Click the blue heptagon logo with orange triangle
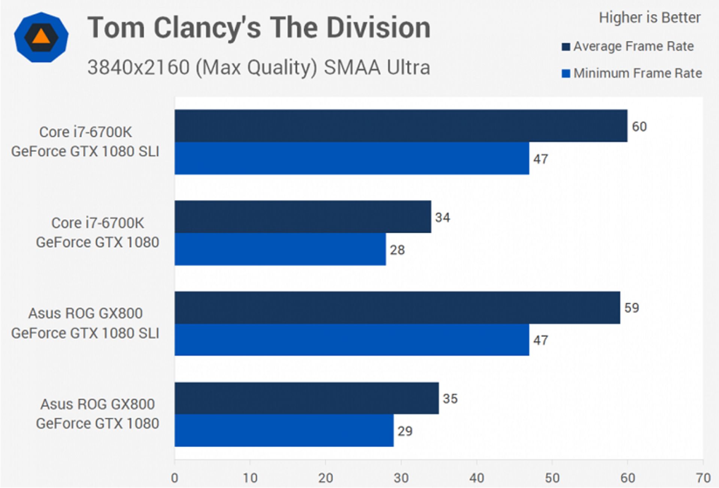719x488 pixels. [x=41, y=37]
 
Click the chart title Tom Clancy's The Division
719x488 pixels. [x=259, y=28]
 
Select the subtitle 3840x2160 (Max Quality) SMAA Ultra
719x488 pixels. [x=259, y=67]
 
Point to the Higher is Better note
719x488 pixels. [x=649, y=18]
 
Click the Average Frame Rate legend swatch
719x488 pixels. [x=566, y=46]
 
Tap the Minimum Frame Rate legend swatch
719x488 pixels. [x=566, y=73]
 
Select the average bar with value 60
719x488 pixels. [x=401, y=126]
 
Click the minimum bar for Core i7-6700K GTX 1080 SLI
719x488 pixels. [x=352, y=158]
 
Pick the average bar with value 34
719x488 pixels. [x=303, y=217]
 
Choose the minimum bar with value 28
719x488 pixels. [x=280, y=249]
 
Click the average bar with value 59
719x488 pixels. [x=397, y=307]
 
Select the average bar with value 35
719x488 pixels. [x=306, y=398]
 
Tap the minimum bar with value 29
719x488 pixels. [x=284, y=430]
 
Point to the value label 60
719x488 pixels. [x=639, y=127]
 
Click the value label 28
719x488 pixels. [x=397, y=250]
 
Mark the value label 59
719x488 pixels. [x=632, y=308]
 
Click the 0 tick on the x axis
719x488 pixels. [x=175, y=478]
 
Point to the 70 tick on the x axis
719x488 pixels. [x=703, y=478]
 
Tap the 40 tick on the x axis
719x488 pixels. [x=476, y=478]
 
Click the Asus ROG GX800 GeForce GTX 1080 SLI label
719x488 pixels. [x=85, y=323]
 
